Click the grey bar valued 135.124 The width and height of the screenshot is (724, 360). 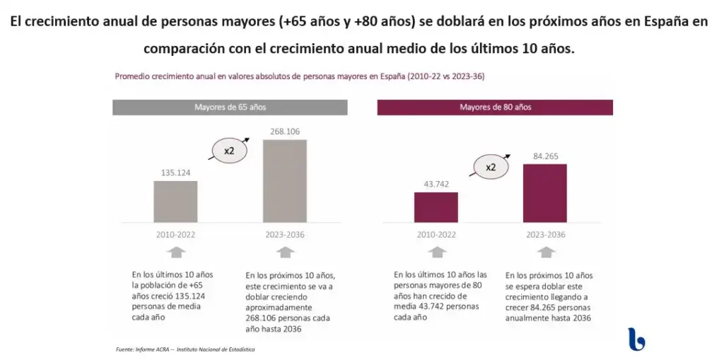click(x=175, y=202)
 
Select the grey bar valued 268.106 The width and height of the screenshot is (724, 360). click(x=285, y=181)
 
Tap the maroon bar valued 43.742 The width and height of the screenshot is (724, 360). click(x=436, y=207)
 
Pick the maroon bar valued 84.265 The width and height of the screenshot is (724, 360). click(x=544, y=193)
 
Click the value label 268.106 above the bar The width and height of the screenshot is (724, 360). click(x=285, y=131)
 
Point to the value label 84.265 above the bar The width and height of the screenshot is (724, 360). click(x=544, y=156)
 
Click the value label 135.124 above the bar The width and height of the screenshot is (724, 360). click(x=175, y=172)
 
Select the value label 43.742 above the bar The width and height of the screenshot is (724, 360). click(x=436, y=183)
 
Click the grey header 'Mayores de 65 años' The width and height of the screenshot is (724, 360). click(x=230, y=108)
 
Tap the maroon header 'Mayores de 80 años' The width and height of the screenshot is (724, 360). click(x=495, y=108)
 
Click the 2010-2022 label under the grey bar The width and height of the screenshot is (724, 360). click(x=175, y=235)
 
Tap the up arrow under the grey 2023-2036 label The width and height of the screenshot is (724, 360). click(x=285, y=252)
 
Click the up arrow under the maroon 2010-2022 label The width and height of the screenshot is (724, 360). click(x=438, y=252)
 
